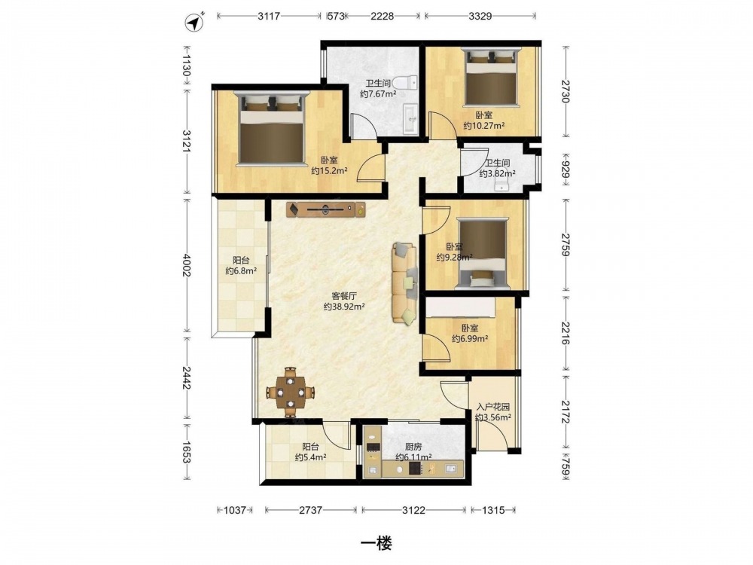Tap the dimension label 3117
click(269, 16)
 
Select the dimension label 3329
click(480, 16)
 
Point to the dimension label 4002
click(187, 264)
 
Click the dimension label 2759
click(566, 245)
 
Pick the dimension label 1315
click(493, 510)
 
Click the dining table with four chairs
click(290, 392)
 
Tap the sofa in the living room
click(404, 282)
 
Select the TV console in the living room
click(326, 209)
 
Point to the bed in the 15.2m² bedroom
click(272, 128)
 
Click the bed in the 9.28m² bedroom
click(482, 253)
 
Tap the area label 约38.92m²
click(344, 307)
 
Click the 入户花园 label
click(492, 407)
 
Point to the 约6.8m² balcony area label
click(241, 271)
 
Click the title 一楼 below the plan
click(376, 543)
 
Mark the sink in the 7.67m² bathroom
click(410, 119)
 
